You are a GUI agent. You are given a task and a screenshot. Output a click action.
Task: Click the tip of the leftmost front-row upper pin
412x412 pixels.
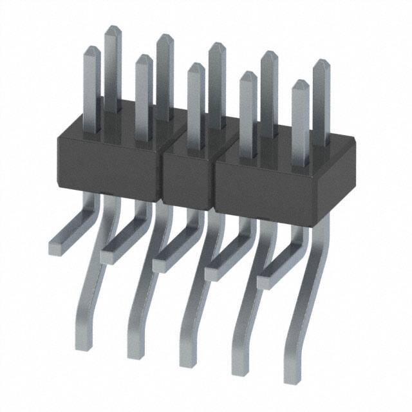click(92, 50)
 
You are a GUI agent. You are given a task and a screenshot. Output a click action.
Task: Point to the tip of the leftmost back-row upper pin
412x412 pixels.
click(113, 29)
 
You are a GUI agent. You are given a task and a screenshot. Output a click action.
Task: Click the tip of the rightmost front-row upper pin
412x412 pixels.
click(300, 83)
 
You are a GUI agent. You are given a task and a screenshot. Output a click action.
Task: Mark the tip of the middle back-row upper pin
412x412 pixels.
click(217, 45)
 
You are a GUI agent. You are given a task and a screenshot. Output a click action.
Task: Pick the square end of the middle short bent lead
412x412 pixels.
click(160, 264)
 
